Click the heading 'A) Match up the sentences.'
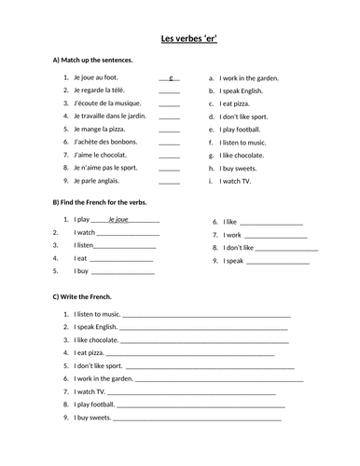92,60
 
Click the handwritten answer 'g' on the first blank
171,78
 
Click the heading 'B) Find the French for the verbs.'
100,201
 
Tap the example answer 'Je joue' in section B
118,219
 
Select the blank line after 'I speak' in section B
272,262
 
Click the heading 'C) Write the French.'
82,296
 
